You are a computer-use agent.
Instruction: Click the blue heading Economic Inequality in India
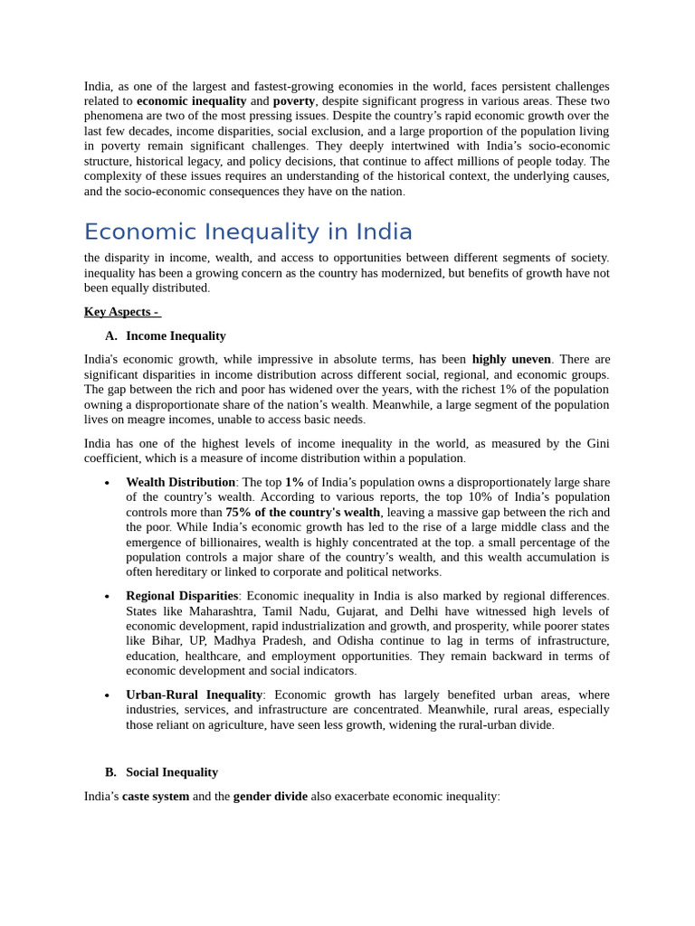point(248,232)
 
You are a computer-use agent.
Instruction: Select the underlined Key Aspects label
point(120,312)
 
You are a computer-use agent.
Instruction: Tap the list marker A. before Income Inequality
point(110,336)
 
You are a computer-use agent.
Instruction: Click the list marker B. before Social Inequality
point(110,772)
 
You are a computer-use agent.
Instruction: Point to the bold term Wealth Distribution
point(180,483)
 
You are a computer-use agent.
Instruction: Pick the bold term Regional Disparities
point(181,597)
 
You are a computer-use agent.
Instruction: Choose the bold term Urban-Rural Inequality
point(194,695)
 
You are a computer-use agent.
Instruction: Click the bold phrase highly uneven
point(511,360)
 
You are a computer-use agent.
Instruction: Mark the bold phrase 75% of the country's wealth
point(302,513)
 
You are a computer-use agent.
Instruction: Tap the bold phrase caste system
point(156,797)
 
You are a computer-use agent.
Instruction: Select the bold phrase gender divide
point(270,797)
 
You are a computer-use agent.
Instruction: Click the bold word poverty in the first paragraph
point(293,101)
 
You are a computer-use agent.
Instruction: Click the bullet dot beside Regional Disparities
point(107,598)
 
